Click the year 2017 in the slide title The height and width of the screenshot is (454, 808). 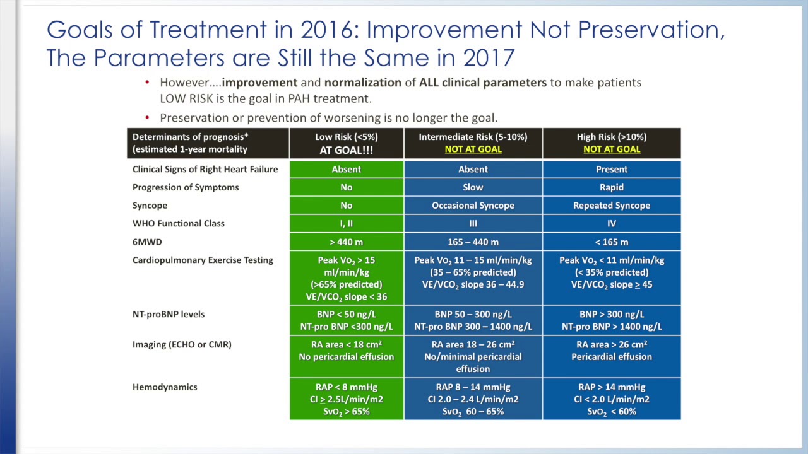[x=489, y=58]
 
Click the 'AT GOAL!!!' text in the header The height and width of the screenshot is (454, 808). [x=346, y=150]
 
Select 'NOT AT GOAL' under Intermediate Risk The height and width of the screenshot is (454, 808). [x=473, y=149]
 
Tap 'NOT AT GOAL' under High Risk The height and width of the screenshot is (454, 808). [x=611, y=149]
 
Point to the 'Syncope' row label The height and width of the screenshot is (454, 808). [x=150, y=206]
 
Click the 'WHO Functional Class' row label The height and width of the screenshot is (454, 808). [x=178, y=224]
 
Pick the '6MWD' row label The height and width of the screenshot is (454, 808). [x=146, y=242]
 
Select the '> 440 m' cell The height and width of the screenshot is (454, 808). [x=346, y=242]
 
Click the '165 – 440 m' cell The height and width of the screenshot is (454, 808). [x=473, y=242]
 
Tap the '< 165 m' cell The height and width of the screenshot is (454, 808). [x=611, y=242]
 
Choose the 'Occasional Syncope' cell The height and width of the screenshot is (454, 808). [x=473, y=206]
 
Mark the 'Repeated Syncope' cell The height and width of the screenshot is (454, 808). [x=611, y=206]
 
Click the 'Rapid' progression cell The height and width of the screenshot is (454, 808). [x=611, y=187]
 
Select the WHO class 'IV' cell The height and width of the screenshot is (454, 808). [x=611, y=224]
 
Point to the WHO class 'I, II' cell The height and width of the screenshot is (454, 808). [x=346, y=224]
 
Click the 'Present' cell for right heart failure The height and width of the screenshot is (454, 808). [x=611, y=169]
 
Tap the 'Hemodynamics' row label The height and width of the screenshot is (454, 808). [x=165, y=387]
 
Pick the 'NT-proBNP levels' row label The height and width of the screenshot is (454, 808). [x=169, y=315]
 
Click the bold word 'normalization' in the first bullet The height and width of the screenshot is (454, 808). [x=362, y=83]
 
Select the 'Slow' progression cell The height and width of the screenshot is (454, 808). [x=473, y=187]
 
